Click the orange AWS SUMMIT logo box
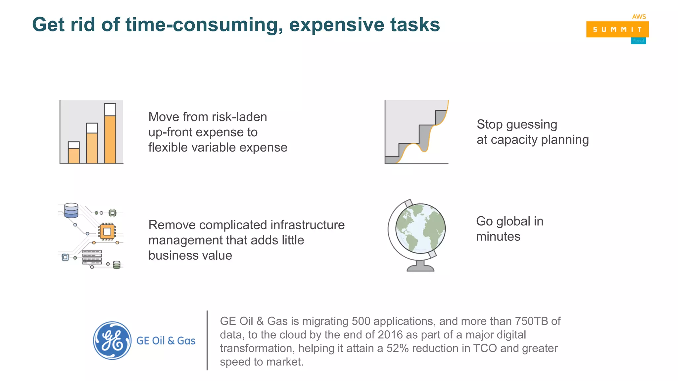pyautogui.click(x=617, y=29)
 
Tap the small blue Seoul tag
pyautogui.click(x=638, y=41)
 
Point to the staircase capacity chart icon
pyautogui.click(x=416, y=132)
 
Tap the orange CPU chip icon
pyautogui.click(x=107, y=232)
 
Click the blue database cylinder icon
pyautogui.click(x=71, y=210)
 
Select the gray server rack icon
pyautogui.click(x=92, y=257)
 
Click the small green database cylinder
pyautogui.click(x=117, y=265)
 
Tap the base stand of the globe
pyautogui.click(x=420, y=267)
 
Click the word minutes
pyautogui.click(x=498, y=237)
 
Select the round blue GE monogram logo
pyautogui.click(x=112, y=340)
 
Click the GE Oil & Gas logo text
pyautogui.click(x=166, y=341)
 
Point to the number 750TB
pyautogui.click(x=531, y=321)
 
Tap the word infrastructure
pyautogui.click(x=307, y=225)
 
